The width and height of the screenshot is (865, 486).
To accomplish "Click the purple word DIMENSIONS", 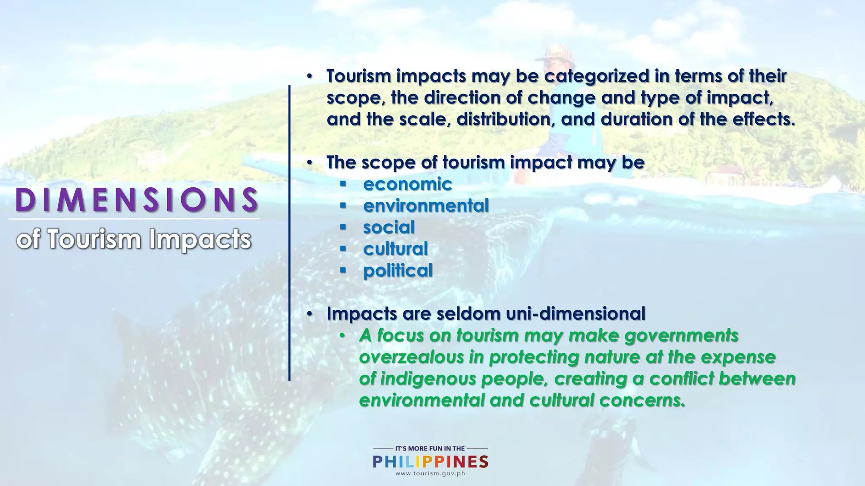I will point(136,200).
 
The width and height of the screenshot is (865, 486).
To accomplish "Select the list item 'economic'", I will point(408,184).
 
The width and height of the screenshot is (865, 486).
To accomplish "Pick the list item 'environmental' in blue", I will point(426,206).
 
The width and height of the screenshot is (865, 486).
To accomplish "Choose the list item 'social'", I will point(389,227).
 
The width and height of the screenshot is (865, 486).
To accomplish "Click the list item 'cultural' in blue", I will point(395,249).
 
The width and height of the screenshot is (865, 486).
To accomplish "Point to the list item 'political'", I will point(398,270).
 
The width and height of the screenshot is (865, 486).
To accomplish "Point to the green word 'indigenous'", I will point(428,379).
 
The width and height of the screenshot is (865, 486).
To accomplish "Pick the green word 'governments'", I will point(681,336).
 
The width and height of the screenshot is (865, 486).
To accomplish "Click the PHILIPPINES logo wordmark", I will point(430,462).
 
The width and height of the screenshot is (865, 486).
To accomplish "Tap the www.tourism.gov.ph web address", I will point(430,473).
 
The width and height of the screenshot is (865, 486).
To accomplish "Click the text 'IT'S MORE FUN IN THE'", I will point(430,448).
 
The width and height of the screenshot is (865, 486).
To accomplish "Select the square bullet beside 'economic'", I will point(343,184).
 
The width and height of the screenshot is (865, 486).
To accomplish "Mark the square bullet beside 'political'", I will point(343,270).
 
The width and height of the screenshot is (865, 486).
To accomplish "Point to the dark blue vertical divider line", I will point(289,232).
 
